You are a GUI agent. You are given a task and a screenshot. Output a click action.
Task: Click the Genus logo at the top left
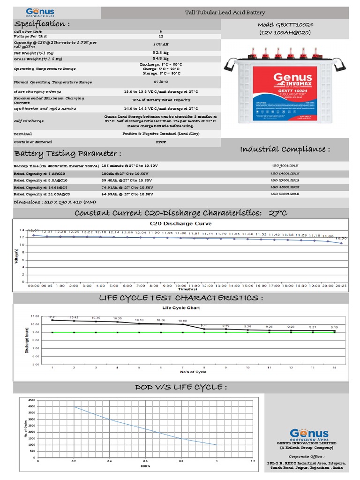pyautogui.click(x=40, y=12)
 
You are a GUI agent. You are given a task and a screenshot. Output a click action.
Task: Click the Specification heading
pyautogui.click(x=42, y=24)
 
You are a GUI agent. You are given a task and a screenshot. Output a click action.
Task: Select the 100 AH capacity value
pyautogui.click(x=160, y=43)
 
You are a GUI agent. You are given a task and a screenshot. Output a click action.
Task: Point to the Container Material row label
pyautogui.click(x=33, y=142)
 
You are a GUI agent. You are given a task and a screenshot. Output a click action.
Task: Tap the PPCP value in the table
pyautogui.click(x=160, y=142)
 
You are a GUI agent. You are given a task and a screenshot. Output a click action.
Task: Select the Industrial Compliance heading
pyautogui.click(x=285, y=149)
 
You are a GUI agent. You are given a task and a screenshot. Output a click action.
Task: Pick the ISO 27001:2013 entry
pyautogui.click(x=285, y=180)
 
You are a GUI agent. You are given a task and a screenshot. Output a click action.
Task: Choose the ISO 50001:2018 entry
pyautogui.click(x=285, y=194)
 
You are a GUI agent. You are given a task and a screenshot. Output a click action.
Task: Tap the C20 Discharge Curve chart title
pyautogui.click(x=180, y=223)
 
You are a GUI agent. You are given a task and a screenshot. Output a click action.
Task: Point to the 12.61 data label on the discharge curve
pyautogui.click(x=33, y=231)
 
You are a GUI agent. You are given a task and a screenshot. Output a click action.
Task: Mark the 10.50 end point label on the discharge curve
pyautogui.click(x=341, y=238)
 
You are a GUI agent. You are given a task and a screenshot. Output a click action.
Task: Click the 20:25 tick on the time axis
pyautogui.click(x=341, y=285)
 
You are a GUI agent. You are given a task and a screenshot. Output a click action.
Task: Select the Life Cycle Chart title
pyautogui.click(x=180, y=308)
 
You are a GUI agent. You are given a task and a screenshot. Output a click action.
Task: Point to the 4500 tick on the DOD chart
pyautogui.click(x=31, y=400)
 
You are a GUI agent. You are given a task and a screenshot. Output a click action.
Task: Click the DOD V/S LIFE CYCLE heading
pyautogui.click(x=181, y=387)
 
